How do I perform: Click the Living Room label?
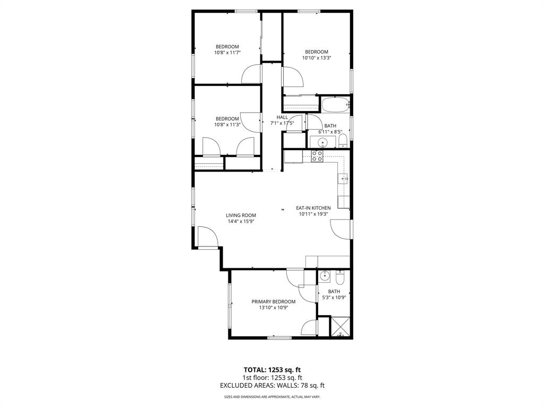(x=241, y=215)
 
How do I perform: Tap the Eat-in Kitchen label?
(x=313, y=208)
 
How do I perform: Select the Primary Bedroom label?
(x=274, y=301)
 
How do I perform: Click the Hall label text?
(x=282, y=117)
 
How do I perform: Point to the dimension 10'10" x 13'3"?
(x=317, y=58)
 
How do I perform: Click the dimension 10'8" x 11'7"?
(x=227, y=53)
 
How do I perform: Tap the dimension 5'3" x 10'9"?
(x=334, y=297)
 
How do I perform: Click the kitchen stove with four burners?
(x=317, y=156)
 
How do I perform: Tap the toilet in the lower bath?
(x=340, y=277)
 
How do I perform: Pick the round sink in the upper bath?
(x=322, y=142)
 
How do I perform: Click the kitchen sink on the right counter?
(x=344, y=178)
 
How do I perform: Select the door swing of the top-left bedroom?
(x=251, y=75)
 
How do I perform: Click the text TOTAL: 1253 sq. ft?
(x=273, y=369)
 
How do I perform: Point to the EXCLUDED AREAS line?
(x=273, y=385)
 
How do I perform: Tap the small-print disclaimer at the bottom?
(x=273, y=397)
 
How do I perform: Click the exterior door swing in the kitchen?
(x=340, y=228)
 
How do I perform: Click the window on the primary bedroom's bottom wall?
(x=279, y=337)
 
